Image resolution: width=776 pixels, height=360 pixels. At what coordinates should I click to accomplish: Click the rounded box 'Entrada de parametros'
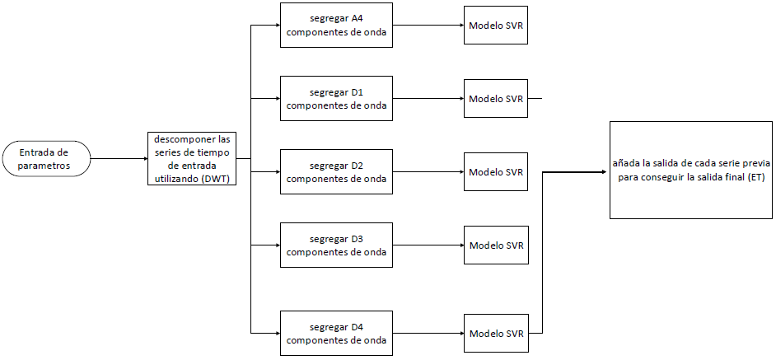point(44,158)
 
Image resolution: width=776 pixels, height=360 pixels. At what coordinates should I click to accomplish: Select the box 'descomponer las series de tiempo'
point(192,157)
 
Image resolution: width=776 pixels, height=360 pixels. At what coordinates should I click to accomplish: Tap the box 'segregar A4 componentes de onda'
point(336,26)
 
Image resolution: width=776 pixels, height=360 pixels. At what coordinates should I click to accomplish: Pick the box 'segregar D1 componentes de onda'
point(336,99)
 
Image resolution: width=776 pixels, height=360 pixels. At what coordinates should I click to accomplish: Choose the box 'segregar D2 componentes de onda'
point(336,171)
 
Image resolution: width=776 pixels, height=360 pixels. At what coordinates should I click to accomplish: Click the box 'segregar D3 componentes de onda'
point(336,245)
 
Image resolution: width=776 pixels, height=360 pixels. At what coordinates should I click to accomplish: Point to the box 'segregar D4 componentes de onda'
point(336,333)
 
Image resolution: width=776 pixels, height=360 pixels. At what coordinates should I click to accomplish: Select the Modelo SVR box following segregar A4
point(495,26)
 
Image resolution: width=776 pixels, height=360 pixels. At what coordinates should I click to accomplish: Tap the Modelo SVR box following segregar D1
point(495,99)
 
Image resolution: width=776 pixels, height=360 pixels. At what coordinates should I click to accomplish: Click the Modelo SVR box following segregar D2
point(495,172)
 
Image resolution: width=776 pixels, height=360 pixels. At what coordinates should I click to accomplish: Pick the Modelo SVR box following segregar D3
point(495,245)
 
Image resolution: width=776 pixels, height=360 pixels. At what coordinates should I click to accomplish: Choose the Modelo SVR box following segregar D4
point(495,333)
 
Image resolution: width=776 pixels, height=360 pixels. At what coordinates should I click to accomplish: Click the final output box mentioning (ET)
point(690,170)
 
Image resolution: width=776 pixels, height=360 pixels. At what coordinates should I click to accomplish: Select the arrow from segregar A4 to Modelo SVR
point(428,26)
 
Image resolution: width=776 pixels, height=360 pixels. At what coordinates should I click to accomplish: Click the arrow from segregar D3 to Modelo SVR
point(428,245)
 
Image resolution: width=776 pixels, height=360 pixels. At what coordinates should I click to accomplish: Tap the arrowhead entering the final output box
point(605,172)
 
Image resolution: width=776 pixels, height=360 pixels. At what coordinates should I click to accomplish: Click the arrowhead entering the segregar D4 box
point(276,333)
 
